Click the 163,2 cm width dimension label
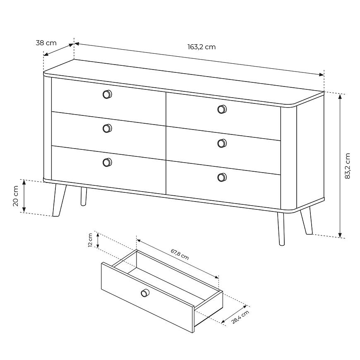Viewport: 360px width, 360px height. coord(202,47)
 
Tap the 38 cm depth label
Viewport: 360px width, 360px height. coord(46,43)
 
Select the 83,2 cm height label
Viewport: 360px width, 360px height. coord(347,166)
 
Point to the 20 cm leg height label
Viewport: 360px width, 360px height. coord(16,196)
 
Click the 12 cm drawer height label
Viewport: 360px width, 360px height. coord(90,240)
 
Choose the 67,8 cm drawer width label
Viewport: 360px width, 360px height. coord(180,254)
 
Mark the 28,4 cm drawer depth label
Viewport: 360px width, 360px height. coord(240,317)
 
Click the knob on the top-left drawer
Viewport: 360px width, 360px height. coord(107,94)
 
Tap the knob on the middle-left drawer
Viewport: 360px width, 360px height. coord(107,128)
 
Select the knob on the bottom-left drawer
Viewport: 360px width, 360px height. coord(107,162)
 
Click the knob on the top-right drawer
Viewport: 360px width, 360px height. coord(222,109)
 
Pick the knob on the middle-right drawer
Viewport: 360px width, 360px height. coord(222,143)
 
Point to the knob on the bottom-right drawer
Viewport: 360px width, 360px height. coord(222,177)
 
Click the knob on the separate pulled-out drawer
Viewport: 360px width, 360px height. coord(145,293)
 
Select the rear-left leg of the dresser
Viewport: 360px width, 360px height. coord(84,196)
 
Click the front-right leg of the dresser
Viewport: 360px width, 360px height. coord(281,229)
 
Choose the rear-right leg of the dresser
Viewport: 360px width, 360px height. coord(307,221)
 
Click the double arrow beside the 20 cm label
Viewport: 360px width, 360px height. coord(24,196)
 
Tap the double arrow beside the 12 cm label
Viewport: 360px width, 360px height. coord(98,240)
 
